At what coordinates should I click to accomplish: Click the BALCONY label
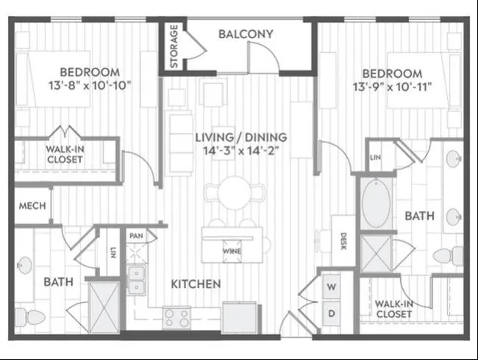pos(246,34)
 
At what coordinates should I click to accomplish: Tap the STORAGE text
pos(174,46)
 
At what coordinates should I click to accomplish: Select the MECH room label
pos(32,206)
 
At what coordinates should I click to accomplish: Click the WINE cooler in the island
pos(232,251)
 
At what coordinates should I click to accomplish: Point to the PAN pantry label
pos(136,236)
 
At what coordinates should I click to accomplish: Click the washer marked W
pos(332,287)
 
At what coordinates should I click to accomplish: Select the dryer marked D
pos(332,313)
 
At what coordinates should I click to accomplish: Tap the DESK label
pos(343,241)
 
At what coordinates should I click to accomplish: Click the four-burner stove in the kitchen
pos(176,317)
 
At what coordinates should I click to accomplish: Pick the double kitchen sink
pos(136,280)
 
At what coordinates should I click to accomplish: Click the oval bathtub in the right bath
pos(377,204)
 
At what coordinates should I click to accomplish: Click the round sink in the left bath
pos(24,265)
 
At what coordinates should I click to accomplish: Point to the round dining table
pos(235,193)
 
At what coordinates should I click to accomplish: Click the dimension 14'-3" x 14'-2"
pos(241,151)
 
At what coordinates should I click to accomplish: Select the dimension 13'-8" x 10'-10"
pos(90,85)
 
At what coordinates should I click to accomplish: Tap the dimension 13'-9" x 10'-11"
pos(393,87)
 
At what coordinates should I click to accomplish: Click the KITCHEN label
pos(196,284)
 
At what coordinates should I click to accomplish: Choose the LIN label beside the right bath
pos(375,157)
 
